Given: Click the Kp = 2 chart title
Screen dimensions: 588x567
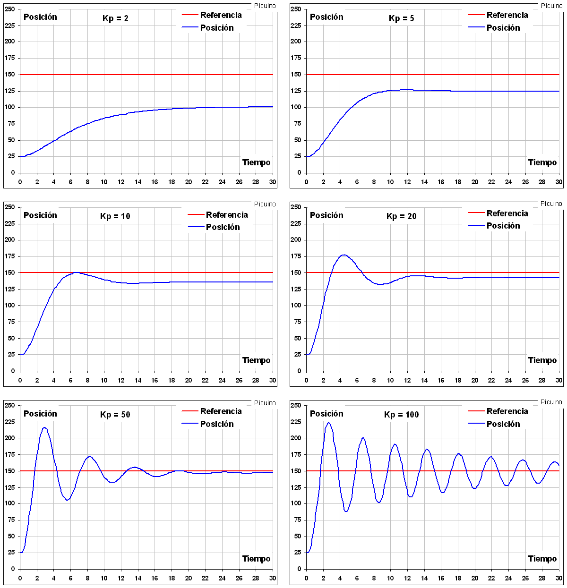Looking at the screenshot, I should [x=115, y=18].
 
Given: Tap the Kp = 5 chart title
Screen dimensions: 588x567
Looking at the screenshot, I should [x=402, y=18].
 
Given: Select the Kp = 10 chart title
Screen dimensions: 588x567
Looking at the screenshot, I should [x=115, y=216].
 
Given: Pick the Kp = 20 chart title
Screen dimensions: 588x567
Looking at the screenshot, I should [x=402, y=216].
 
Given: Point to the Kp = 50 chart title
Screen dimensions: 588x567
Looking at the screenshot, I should [x=115, y=415].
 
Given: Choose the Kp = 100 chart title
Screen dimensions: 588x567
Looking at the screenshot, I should [x=402, y=415].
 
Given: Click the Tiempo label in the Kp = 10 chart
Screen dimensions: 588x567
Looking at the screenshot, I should [x=257, y=360].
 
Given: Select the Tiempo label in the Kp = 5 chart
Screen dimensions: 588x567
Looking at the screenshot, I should [x=542, y=162].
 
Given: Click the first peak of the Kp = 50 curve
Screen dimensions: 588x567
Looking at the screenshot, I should [x=44, y=428].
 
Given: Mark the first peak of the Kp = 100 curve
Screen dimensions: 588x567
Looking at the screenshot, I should [x=328, y=423].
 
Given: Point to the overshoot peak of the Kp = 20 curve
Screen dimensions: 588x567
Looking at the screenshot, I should [x=344, y=255].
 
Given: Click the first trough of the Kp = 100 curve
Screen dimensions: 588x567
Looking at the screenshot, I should [x=346, y=511].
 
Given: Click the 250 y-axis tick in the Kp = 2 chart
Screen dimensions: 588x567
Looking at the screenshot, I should [x=10, y=9].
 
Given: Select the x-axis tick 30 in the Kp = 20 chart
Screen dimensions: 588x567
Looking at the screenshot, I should [x=559, y=380].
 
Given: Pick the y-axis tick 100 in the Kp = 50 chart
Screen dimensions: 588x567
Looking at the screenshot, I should [x=10, y=503].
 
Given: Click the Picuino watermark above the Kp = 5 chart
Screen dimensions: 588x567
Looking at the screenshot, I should [x=551, y=6].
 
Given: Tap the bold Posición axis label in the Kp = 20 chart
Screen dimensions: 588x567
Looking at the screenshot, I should [x=326, y=215].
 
